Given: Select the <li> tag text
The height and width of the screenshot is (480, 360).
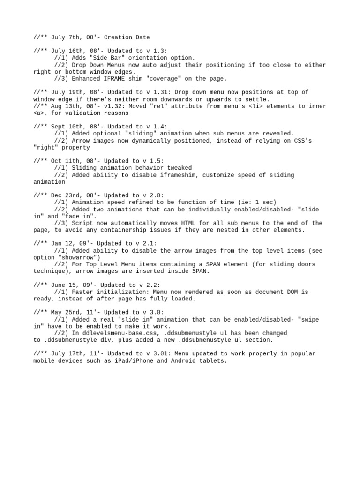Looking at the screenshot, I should click(x=254, y=106).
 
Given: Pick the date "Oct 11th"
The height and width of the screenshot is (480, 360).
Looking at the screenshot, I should click(x=63, y=161).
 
